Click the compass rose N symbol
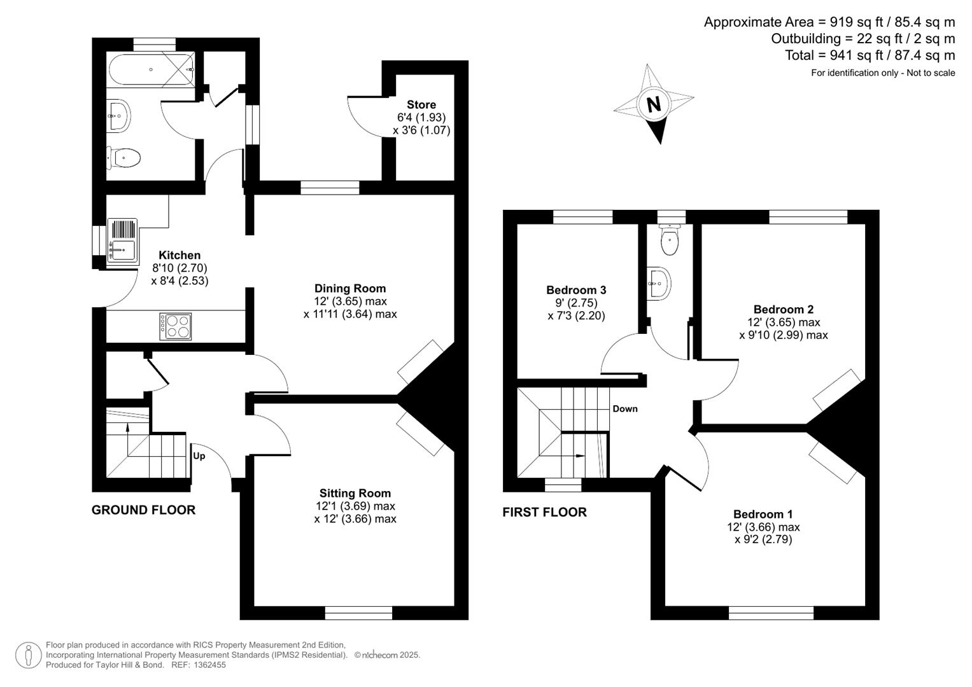(x=653, y=104)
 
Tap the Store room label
(x=421, y=105)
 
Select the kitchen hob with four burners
(x=175, y=326)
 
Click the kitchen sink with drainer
(x=122, y=242)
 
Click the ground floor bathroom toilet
(x=123, y=157)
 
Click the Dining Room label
(x=350, y=288)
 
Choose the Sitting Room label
(x=355, y=493)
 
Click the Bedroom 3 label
(x=576, y=290)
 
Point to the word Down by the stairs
(x=625, y=409)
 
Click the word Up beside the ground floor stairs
(x=199, y=456)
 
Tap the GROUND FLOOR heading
(x=143, y=510)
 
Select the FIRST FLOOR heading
(x=544, y=512)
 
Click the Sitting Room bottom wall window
(x=358, y=613)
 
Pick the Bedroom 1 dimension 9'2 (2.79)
(x=763, y=540)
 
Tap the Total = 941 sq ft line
(x=870, y=55)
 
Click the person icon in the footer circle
(x=29, y=655)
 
